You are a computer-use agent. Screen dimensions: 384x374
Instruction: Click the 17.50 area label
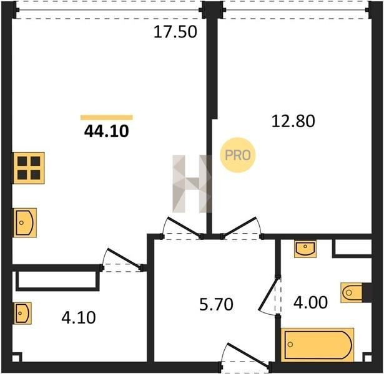pyautogui.click(x=175, y=32)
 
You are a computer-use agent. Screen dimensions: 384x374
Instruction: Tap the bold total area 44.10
pyautogui.click(x=106, y=132)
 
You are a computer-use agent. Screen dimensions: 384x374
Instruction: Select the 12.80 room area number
pyautogui.click(x=293, y=121)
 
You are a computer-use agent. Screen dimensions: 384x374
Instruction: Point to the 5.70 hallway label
pyautogui.click(x=216, y=305)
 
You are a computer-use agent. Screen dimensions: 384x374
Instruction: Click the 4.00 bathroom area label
pyautogui.click(x=310, y=302)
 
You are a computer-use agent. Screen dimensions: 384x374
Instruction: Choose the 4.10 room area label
pyautogui.click(x=79, y=318)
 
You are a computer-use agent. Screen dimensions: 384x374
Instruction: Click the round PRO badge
pyautogui.click(x=237, y=155)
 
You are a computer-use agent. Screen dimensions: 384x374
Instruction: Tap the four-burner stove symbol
pyautogui.click(x=29, y=168)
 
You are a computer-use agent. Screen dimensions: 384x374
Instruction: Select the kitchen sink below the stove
pyautogui.click(x=25, y=223)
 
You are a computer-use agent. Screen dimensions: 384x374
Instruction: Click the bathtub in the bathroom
pyautogui.click(x=318, y=345)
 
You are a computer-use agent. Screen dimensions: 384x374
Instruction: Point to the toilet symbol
pyautogui.click(x=352, y=292)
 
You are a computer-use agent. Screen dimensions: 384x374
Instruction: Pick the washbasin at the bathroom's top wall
pyautogui.click(x=305, y=249)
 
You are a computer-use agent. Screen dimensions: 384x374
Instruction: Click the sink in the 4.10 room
pyautogui.click(x=22, y=313)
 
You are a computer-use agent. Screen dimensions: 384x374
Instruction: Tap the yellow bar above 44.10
pyautogui.click(x=107, y=117)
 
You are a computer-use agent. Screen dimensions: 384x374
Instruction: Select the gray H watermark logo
pyautogui.click(x=192, y=184)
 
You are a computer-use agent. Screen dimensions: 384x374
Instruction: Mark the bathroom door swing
pyautogui.click(x=269, y=295)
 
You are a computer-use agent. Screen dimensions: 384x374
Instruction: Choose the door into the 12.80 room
pyautogui.click(x=242, y=228)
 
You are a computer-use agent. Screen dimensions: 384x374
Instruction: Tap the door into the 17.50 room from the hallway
pyautogui.click(x=183, y=228)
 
